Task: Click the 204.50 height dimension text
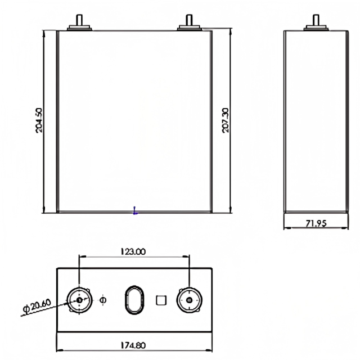[x=39, y=120]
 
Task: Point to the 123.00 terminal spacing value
[x=133, y=252]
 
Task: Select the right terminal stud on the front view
[x=190, y=22]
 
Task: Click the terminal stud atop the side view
[x=315, y=22]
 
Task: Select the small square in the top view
[x=161, y=300]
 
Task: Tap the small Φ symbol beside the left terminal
[x=102, y=299]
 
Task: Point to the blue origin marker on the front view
[x=135, y=211]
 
